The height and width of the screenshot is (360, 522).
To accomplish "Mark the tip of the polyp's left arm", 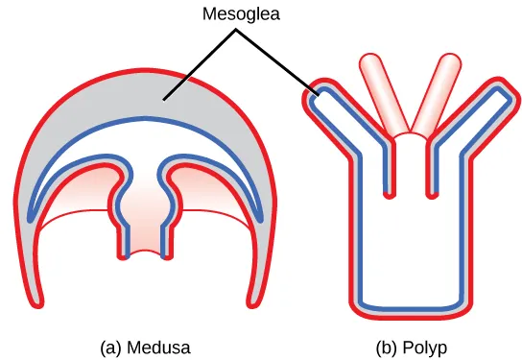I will (x=320, y=96).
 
